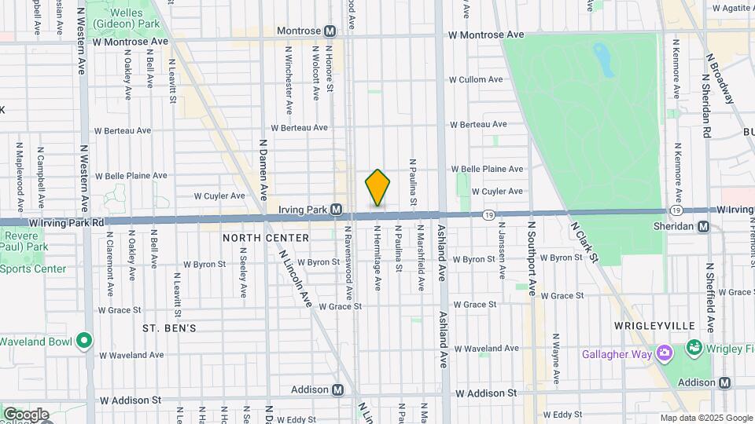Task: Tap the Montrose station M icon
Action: pos(330,31)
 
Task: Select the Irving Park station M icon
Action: pos(336,210)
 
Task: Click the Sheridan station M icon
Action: pos(704,227)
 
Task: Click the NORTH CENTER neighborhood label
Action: pos(256,237)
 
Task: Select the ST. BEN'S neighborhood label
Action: pos(169,327)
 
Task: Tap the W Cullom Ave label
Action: pos(475,80)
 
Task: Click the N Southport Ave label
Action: pos(532,258)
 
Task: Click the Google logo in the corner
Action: pos(25,415)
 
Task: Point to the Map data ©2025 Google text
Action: pos(705,418)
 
